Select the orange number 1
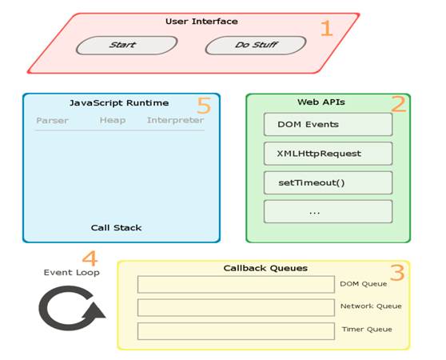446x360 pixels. click(326, 29)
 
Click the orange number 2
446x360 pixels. click(397, 104)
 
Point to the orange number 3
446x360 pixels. click(396, 273)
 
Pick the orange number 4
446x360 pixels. click(90, 259)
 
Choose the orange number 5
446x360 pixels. click(204, 105)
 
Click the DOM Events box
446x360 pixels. click(328, 124)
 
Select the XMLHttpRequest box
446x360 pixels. click(328, 154)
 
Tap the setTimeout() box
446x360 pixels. click(328, 182)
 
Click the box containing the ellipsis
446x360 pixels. click(328, 211)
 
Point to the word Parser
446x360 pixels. click(52, 121)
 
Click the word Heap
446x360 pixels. click(113, 121)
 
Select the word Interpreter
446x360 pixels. click(175, 121)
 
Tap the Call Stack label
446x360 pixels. click(116, 228)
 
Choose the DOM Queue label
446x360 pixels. click(364, 284)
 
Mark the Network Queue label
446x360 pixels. click(371, 306)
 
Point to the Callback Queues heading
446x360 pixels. click(254, 268)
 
